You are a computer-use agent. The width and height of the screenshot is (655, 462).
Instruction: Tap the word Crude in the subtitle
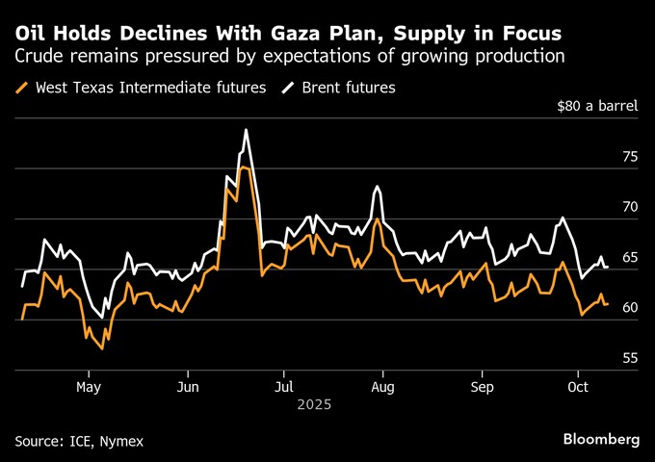[x=39, y=56]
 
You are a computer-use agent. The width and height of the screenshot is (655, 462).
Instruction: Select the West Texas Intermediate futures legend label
[x=150, y=88]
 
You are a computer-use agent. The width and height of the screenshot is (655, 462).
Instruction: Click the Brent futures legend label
[x=349, y=88]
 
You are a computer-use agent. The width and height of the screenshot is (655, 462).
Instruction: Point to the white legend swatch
[x=290, y=88]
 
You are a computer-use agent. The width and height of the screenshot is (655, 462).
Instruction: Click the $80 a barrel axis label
[x=597, y=106]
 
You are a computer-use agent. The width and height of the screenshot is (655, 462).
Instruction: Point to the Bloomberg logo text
[x=601, y=440]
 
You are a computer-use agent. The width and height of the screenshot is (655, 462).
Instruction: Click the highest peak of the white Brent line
[x=246, y=129]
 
